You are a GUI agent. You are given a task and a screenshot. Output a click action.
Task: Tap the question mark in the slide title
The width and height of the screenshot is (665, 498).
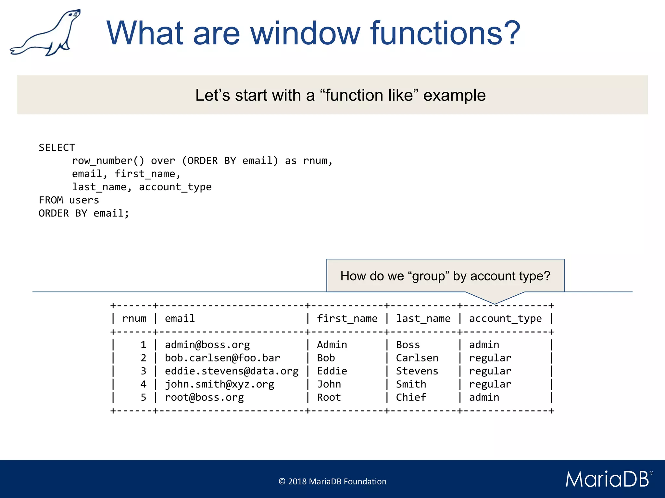pyautogui.click(x=509, y=33)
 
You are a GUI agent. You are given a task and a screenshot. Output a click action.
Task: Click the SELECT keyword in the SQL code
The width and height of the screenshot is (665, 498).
pyautogui.click(x=57, y=148)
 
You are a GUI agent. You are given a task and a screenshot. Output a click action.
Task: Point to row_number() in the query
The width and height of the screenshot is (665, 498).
pyautogui.click(x=108, y=161)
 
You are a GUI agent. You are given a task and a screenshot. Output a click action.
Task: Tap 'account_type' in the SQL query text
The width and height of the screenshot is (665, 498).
pyautogui.click(x=175, y=187)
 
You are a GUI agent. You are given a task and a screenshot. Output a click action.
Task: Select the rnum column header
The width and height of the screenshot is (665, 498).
pyautogui.click(x=134, y=319)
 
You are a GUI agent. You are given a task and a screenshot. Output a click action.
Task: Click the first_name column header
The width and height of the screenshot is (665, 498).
pyautogui.click(x=347, y=319)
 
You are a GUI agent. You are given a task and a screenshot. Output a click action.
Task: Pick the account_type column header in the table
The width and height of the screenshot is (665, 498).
pyautogui.click(x=505, y=319)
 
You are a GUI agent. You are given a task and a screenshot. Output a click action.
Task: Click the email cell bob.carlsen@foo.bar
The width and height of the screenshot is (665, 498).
pyautogui.click(x=222, y=358)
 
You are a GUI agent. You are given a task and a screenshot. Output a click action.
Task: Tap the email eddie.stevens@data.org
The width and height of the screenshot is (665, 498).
pyautogui.click(x=232, y=371)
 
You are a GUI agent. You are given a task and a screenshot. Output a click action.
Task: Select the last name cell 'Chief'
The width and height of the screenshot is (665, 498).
pyautogui.click(x=411, y=397)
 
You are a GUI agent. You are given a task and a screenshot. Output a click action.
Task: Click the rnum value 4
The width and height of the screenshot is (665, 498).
pyautogui.click(x=143, y=385)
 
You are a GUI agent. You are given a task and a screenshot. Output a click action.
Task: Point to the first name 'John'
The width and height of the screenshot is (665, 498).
pyautogui.click(x=329, y=385)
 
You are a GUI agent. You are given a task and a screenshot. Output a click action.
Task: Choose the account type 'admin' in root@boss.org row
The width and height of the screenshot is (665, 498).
pyautogui.click(x=484, y=397)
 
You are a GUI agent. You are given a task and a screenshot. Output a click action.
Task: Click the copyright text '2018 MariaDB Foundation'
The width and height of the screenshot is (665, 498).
pyautogui.click(x=332, y=481)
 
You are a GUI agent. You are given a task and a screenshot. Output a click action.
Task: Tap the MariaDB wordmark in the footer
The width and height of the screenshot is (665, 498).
pyautogui.click(x=608, y=479)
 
